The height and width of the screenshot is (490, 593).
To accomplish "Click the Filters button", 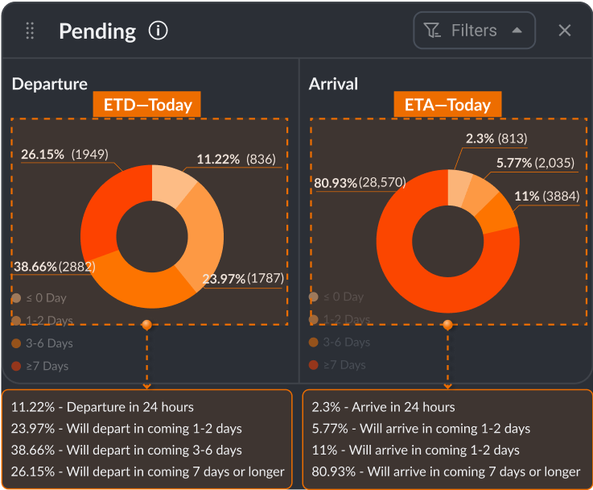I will (x=474, y=31).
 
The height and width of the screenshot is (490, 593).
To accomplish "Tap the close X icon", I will (x=565, y=31).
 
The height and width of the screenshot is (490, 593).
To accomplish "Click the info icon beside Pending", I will (x=159, y=31).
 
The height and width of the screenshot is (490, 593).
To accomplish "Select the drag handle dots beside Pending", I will (x=31, y=31).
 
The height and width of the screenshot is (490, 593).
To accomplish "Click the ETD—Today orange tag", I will (x=147, y=105).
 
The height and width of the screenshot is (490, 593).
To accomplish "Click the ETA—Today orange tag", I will (x=447, y=105).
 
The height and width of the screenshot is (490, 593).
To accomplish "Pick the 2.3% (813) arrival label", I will (x=496, y=139).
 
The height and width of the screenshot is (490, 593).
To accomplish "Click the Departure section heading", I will (x=50, y=84).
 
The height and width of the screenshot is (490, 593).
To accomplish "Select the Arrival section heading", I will (x=333, y=84).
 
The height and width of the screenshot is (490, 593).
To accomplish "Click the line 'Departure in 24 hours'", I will (x=102, y=407).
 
